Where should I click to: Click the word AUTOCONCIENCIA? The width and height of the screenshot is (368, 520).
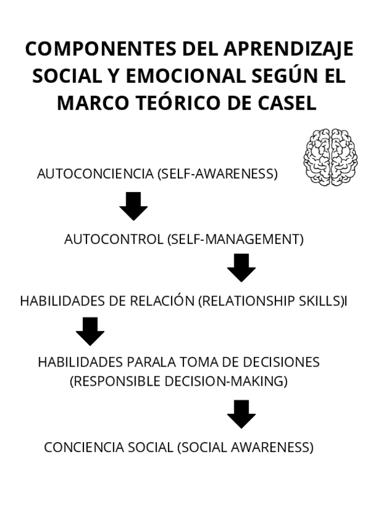point(95,174)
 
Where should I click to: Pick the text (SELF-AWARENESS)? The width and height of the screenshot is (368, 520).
point(218,174)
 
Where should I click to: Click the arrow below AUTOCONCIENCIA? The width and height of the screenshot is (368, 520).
point(133,206)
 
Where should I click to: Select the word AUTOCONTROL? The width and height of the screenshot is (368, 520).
point(113,239)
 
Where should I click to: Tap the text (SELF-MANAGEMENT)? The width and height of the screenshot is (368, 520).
point(235,239)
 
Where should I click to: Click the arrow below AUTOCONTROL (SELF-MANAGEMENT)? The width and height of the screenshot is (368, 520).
point(241,267)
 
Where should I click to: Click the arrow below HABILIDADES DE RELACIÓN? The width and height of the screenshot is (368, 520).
point(90,332)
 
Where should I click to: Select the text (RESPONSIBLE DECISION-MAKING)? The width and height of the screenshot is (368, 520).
point(178,381)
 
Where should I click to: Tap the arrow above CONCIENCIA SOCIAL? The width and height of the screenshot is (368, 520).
point(241,414)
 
